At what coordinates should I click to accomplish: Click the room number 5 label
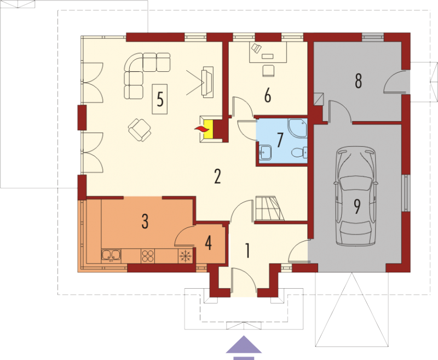[160, 99]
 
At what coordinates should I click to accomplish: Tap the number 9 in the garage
[358, 207]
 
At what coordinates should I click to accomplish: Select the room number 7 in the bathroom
[280, 140]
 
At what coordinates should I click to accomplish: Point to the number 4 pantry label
[208, 243]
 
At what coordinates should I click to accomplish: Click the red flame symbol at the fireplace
[201, 129]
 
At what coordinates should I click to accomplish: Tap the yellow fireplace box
[209, 129]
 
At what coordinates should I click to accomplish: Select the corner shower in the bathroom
[298, 128]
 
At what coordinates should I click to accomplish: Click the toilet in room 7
[299, 152]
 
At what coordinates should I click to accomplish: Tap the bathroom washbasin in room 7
[265, 153]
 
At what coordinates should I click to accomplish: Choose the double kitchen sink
[111, 255]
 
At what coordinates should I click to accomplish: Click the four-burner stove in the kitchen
[148, 256]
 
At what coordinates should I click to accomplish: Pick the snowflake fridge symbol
[186, 256]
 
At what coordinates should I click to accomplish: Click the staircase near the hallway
[269, 209]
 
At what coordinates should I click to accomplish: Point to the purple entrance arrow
[244, 347]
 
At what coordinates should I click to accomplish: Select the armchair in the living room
[140, 130]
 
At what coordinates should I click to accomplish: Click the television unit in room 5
[208, 82]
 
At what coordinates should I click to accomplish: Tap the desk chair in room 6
[268, 71]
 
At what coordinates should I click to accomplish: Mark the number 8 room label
[358, 81]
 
